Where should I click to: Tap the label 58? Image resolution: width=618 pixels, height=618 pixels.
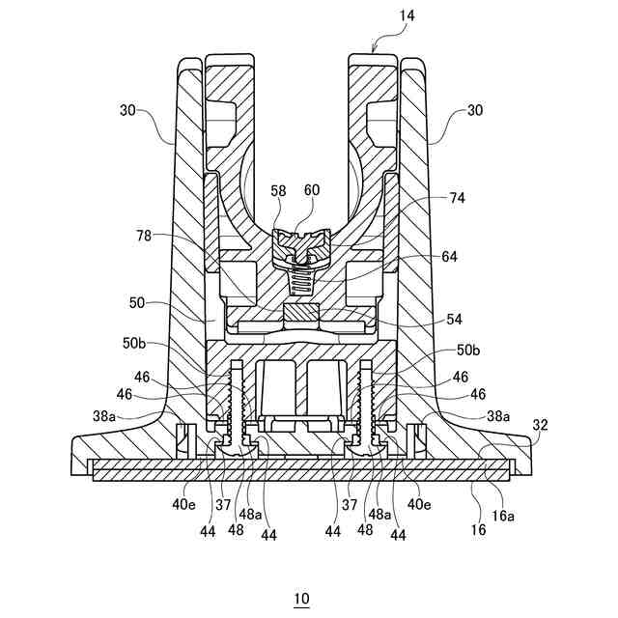(x=278, y=192)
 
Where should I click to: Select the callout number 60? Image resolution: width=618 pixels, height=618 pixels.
(x=311, y=192)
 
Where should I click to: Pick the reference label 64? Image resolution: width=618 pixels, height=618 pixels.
(x=450, y=257)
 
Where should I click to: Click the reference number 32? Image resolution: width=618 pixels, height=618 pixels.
(x=540, y=424)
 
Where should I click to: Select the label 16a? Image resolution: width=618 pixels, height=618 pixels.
(x=502, y=516)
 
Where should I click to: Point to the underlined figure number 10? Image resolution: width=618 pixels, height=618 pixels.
(x=302, y=599)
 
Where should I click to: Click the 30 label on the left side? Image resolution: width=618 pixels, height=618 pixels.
(x=127, y=111)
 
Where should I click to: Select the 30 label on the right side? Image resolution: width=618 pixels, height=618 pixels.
(x=474, y=111)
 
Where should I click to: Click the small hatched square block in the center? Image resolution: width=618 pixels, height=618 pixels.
(x=300, y=315)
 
